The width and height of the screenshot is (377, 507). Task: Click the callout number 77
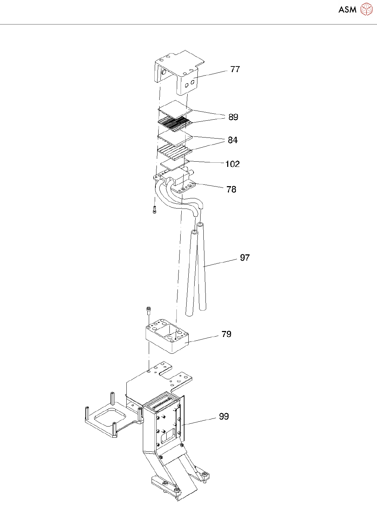click(235, 69)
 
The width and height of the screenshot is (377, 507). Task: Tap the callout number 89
click(233, 117)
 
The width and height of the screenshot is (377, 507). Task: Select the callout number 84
click(233, 140)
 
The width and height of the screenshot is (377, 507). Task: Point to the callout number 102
click(232, 164)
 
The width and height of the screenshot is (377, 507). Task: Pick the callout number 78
click(231, 189)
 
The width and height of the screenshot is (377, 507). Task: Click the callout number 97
click(245, 258)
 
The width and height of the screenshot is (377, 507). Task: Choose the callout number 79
click(226, 334)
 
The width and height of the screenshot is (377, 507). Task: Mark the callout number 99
click(224, 416)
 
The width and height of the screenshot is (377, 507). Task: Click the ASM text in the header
click(347, 10)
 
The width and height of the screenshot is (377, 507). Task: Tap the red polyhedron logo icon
click(366, 9)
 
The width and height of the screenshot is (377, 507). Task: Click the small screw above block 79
click(149, 311)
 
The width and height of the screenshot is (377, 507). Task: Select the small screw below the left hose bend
click(154, 210)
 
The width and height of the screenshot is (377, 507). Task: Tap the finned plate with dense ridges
click(175, 123)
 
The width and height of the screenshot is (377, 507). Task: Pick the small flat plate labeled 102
click(172, 163)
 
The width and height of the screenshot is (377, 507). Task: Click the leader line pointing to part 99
click(200, 421)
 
